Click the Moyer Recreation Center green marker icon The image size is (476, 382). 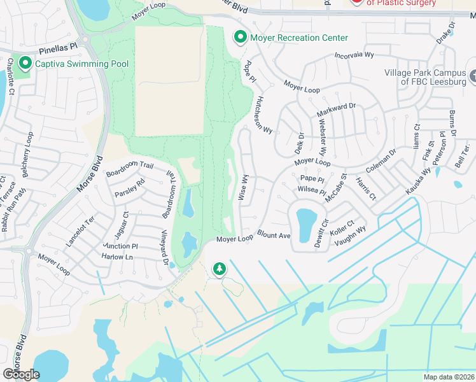[x=240, y=38]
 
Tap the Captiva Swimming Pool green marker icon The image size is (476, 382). [x=25, y=64]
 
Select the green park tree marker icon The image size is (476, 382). [x=220, y=269]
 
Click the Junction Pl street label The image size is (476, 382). [x=120, y=246]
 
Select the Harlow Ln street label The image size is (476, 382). [x=117, y=257]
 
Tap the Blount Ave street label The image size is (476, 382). [x=274, y=236]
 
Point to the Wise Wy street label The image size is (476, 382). [x=242, y=188]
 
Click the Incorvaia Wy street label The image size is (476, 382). [x=354, y=55]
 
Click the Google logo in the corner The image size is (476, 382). [x=22, y=374]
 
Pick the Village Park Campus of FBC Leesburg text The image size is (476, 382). [x=424, y=77]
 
